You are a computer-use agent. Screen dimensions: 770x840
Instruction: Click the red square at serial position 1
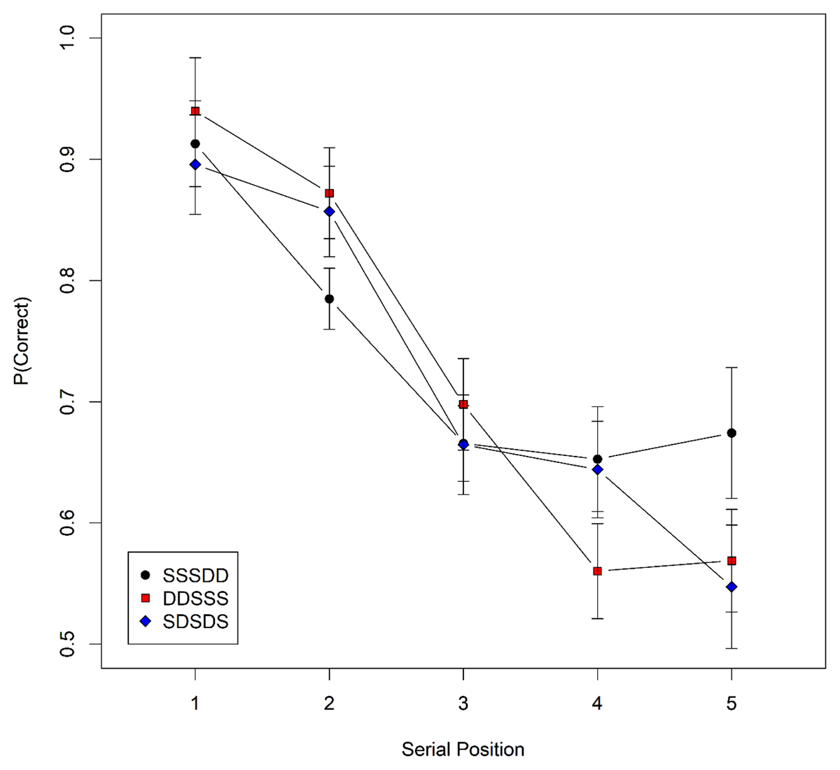pyautogui.click(x=195, y=111)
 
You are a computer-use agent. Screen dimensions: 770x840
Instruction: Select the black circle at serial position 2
pyautogui.click(x=329, y=299)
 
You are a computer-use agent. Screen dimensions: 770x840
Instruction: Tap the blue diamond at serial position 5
pyautogui.click(x=731, y=587)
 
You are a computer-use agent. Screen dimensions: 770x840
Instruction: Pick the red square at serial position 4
pyautogui.click(x=597, y=571)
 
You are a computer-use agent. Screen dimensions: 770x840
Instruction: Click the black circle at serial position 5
pyautogui.click(x=731, y=433)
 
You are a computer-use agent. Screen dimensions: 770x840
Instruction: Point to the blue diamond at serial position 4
pyautogui.click(x=597, y=469)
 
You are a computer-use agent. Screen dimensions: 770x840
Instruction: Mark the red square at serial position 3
pyautogui.click(x=463, y=404)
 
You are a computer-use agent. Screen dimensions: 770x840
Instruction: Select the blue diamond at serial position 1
pyautogui.click(x=195, y=164)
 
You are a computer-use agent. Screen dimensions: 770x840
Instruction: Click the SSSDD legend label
pyautogui.click(x=195, y=576)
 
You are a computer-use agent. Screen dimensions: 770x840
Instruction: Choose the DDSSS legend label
pyautogui.click(x=195, y=598)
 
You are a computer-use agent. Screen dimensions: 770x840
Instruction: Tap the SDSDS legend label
pyautogui.click(x=195, y=621)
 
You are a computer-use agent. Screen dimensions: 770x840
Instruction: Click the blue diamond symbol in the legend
pyautogui.click(x=146, y=621)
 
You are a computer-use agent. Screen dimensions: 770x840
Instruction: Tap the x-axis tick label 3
pyautogui.click(x=463, y=704)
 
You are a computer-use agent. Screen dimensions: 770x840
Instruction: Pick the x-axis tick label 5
pyautogui.click(x=731, y=704)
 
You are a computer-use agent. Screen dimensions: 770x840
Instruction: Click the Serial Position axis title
pyautogui.click(x=463, y=750)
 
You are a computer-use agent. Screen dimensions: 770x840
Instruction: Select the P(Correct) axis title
pyautogui.click(x=24, y=341)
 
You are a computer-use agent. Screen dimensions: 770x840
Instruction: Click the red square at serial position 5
pyautogui.click(x=731, y=561)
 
